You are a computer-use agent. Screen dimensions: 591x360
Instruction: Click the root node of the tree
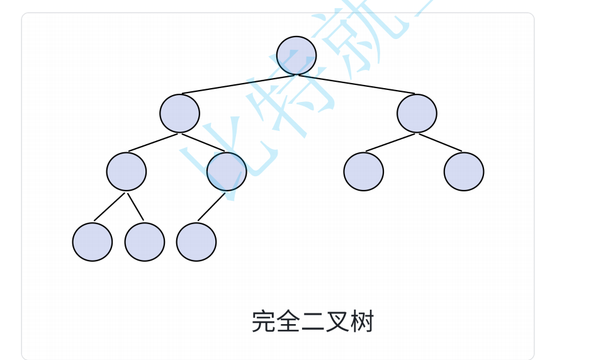pos(296,55)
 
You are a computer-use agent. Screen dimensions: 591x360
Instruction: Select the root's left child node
pos(179,113)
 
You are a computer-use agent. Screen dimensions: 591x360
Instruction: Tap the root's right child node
pos(417,113)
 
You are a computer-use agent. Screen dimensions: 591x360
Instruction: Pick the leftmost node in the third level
pos(127,171)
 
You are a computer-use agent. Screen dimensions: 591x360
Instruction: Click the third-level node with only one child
pos(227,171)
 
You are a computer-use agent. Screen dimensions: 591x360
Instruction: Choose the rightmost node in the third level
pos(464,171)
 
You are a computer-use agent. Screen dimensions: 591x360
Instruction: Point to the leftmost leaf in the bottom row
pos(93,242)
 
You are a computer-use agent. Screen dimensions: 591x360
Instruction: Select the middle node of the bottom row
pos(145,242)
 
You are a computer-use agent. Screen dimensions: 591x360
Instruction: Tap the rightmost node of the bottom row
pos(196,242)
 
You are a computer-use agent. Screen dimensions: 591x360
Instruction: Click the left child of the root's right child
pos(364,171)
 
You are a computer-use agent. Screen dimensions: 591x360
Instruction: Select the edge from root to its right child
pos(356,84)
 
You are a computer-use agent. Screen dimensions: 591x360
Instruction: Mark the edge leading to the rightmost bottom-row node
pos(211,206)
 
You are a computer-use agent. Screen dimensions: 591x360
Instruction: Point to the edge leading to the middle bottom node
pos(135,206)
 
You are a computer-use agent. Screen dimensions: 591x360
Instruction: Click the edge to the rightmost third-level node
pos(441,142)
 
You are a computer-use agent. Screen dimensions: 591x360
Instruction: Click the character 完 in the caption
pos(263,322)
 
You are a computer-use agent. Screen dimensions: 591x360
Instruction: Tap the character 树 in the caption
pos(363,322)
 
